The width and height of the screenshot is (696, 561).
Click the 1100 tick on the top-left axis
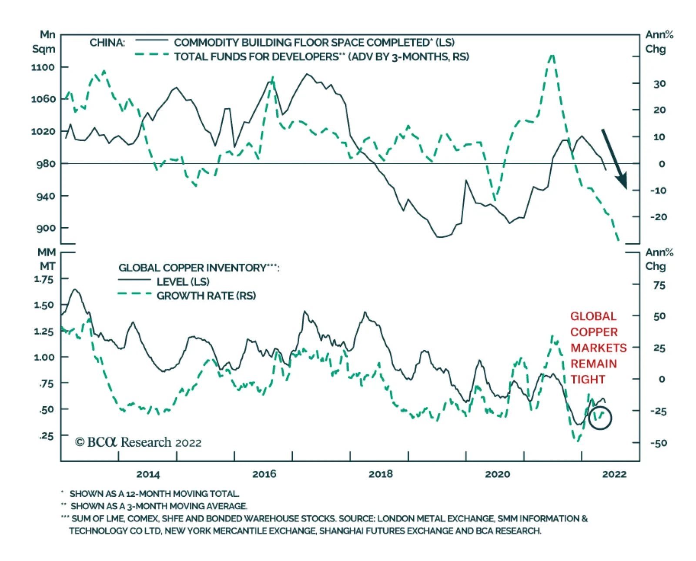coord(43,67)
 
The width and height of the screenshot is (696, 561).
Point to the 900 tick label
coord(46,228)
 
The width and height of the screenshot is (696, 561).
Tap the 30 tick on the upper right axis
coord(659,83)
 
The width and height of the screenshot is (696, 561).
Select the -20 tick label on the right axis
coord(658,217)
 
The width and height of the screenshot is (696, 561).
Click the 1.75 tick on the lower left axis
coord(43,279)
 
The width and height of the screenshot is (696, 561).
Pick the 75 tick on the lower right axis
coord(659,285)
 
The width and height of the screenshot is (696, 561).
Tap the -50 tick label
coord(658,443)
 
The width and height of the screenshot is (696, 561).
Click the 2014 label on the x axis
coord(148,474)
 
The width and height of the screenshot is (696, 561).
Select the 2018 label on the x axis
coord(381,474)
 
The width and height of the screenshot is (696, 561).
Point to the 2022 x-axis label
coord(614,474)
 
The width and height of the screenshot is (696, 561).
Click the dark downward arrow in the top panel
coord(614,159)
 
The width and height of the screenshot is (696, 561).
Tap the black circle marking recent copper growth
coord(600,418)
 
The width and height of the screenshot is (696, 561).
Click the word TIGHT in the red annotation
coord(588,380)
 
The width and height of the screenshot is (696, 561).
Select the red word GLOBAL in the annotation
coord(593,316)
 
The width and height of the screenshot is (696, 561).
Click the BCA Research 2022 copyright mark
coord(138,442)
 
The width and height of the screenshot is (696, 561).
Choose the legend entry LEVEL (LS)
coord(183,282)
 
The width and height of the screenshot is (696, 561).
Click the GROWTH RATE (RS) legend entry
coord(206,296)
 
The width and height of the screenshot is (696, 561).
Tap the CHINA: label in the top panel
coord(107,43)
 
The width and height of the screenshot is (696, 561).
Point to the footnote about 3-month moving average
coord(159,506)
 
